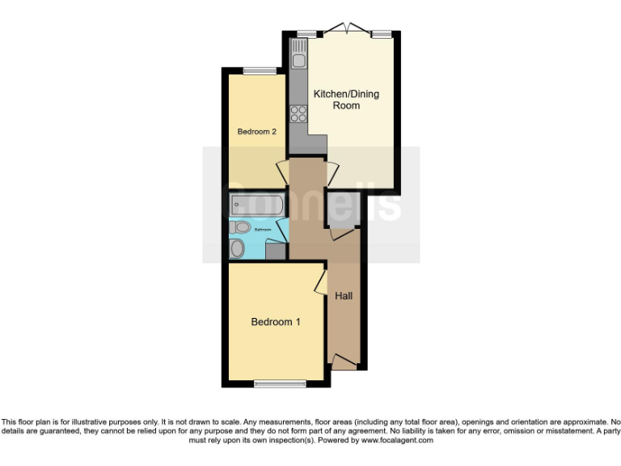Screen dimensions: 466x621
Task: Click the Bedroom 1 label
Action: coord(276,322)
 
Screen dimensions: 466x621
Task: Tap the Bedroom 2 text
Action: coord(257,131)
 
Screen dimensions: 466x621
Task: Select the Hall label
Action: coord(344,296)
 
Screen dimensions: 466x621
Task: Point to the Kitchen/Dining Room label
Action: coord(346,100)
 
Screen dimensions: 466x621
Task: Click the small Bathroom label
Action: coord(264,230)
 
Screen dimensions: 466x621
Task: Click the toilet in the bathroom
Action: coord(237,248)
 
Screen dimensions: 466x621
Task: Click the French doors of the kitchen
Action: coord(346,31)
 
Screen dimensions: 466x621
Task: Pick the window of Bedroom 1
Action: coord(274,383)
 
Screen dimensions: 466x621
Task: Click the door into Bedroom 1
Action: coord(320,282)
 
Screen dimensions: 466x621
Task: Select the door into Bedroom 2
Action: coord(282,172)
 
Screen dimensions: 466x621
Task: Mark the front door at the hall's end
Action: coord(344,362)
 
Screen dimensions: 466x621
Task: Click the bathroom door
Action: coord(283,229)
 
